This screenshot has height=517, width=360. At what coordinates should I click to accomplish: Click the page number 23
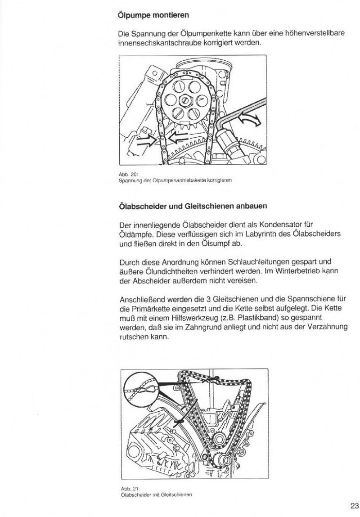tap(353, 505)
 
